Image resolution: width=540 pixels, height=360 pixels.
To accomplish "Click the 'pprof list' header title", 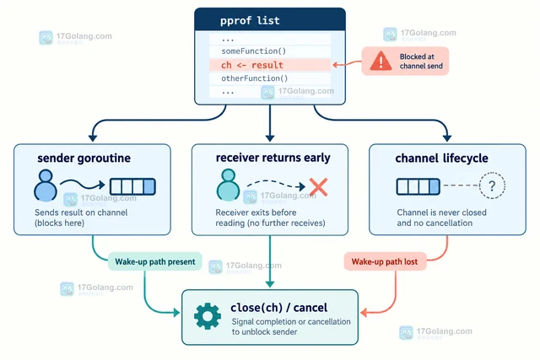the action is [250, 20].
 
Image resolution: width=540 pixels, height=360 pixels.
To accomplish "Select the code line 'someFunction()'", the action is [253, 51].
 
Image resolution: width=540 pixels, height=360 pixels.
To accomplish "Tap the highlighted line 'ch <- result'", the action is [252, 65].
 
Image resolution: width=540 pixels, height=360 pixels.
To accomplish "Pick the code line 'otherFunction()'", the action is [255, 78].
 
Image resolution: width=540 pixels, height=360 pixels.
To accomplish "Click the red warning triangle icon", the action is [381, 61].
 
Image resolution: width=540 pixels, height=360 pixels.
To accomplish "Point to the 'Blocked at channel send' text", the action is [421, 62].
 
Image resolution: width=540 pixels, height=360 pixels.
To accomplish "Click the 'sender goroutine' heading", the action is [84, 158].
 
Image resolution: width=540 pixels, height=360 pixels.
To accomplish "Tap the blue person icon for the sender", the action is [46, 185].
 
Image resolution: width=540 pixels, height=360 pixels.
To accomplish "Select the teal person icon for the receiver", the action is [228, 185].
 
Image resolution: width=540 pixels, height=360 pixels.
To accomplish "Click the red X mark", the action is [318, 187].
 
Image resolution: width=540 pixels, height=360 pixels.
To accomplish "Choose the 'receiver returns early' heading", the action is [273, 158].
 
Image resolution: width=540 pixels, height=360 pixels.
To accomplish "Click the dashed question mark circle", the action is [492, 185].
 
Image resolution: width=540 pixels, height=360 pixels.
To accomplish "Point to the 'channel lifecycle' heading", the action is [441, 158].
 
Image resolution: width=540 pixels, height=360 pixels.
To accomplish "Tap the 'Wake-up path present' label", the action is [155, 261].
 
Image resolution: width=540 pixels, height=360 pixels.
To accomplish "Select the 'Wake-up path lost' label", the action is [385, 261].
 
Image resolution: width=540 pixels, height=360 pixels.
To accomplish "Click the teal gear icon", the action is [208, 316].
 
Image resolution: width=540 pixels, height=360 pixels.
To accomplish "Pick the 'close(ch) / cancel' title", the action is [279, 308].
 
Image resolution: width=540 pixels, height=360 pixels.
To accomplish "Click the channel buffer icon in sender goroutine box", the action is [132, 187].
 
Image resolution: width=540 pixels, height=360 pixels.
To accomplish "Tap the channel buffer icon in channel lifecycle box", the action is [418, 186].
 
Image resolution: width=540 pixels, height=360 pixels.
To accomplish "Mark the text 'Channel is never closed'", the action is [441, 212].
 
